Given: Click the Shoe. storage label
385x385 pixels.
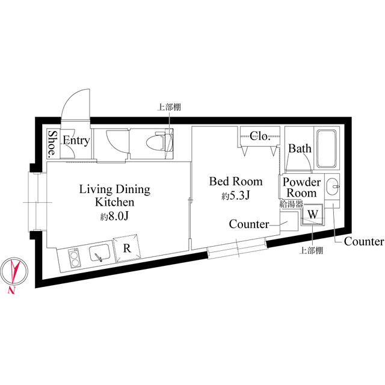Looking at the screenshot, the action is click(52, 144).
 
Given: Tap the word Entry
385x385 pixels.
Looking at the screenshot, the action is click(76, 141).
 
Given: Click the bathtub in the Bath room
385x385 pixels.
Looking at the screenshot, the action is click(326, 149).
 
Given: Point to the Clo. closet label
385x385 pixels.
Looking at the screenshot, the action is click(260, 136).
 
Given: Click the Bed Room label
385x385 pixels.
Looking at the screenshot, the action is click(236, 182).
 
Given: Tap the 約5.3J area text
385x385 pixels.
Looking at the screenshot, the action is click(236, 196).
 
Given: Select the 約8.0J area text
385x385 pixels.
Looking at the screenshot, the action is click(115, 217).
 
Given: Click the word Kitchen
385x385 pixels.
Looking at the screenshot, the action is click(115, 202).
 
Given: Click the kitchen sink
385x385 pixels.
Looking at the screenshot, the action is click(99, 253).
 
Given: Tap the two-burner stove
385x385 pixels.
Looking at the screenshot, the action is click(74, 258).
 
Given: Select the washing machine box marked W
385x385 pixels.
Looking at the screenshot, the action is click(312, 214).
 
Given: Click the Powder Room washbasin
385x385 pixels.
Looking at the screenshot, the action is click(332, 187).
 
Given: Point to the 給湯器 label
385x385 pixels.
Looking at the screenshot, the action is click(291, 204).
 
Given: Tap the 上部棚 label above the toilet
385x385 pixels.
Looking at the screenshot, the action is click(169, 107).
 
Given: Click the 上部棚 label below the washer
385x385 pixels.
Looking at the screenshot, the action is click(311, 250).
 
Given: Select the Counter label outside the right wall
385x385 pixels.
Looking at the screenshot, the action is click(363, 242).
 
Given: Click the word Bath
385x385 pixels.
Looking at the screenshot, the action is click(300, 149).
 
